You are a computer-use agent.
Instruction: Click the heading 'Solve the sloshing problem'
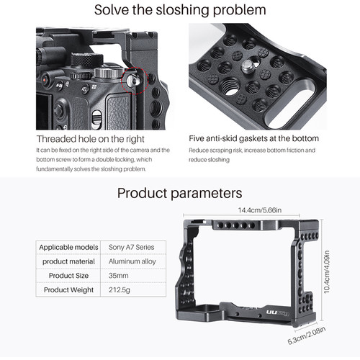pyautogui.click(x=180, y=10)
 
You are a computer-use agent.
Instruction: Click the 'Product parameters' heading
pyautogui.click(x=180, y=193)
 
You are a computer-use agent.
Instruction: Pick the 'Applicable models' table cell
pyautogui.click(x=68, y=247)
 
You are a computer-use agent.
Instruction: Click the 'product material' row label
pyautogui.click(x=68, y=261)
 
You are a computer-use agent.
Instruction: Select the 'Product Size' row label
pyautogui.click(x=68, y=276)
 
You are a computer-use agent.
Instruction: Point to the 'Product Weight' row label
pyautogui.click(x=68, y=290)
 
